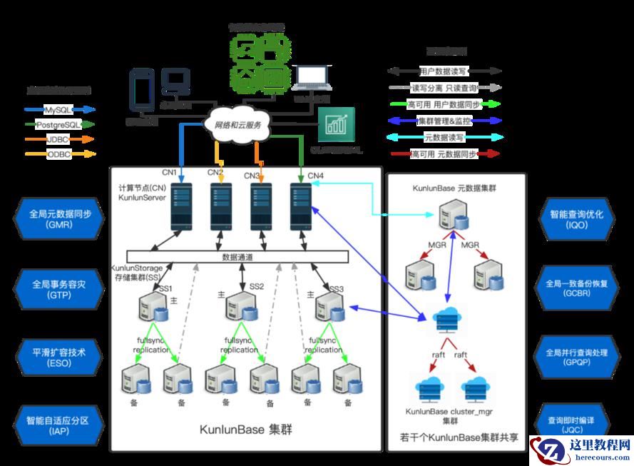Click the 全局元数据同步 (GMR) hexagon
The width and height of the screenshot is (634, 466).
click(60, 218)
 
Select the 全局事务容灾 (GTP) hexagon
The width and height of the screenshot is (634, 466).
click(60, 288)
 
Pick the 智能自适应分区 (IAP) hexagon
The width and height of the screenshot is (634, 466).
click(60, 425)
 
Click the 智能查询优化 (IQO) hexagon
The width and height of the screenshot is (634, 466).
click(573, 218)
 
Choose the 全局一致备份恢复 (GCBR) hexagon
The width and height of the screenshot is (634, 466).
click(573, 288)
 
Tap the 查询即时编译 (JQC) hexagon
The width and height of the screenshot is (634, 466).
click(573, 425)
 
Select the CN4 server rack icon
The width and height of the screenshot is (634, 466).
click(300, 205)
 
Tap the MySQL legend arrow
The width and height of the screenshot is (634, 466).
click(60, 110)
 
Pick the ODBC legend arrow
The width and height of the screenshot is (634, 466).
click(60, 153)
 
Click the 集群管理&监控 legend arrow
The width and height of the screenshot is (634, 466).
click(445, 120)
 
